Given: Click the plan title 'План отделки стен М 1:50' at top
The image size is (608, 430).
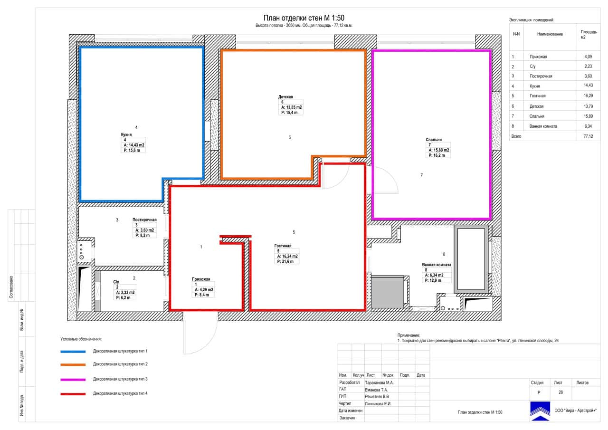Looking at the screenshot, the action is coord(304,18).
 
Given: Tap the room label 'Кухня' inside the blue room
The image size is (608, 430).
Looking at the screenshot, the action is coord(126,134).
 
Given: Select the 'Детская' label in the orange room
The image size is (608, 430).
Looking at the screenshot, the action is coord(285,96).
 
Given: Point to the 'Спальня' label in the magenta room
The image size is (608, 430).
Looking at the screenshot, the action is coord(434,140).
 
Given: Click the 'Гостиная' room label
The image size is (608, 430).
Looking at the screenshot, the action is coord(283,246).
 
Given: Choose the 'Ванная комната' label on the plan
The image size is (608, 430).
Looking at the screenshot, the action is coord(437,265).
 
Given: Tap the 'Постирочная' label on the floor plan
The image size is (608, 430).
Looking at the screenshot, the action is coord(144,220).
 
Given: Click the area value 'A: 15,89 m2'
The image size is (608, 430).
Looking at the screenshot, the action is coord(439,150).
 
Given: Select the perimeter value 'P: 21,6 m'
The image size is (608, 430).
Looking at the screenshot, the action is coord(285,261).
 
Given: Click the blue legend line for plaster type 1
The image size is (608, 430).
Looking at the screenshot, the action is coord(73,352).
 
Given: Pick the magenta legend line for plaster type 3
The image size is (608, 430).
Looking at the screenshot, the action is coord(73,380).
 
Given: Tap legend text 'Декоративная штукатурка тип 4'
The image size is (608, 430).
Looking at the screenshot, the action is coord(120,393).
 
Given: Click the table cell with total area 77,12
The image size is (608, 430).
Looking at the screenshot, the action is coord(588,136).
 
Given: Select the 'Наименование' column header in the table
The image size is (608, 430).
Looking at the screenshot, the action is coord(550,34).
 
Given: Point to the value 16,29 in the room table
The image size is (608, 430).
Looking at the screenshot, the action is coord(588,96).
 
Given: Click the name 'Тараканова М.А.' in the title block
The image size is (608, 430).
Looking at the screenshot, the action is coord(379,382).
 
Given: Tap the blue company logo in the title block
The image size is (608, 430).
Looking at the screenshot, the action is coord(540,411).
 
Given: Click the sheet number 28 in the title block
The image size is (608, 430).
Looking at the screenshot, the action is coord(560,392).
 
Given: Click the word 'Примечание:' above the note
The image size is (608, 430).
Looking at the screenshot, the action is coord(408,335).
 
